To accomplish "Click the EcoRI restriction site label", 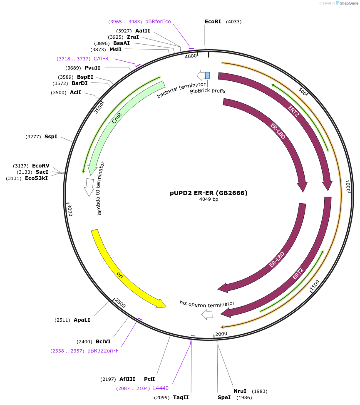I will [x=213, y=22].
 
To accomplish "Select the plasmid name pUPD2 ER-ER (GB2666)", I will [x=209, y=193].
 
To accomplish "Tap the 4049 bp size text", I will [x=209, y=199].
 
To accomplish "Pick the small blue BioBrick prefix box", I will [x=207, y=75].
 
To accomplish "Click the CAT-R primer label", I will [x=101, y=59].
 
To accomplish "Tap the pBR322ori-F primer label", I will [x=103, y=351].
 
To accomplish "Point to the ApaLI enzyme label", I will [x=82, y=320].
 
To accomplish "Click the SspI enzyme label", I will [x=51, y=137].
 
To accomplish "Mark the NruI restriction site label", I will [x=240, y=391].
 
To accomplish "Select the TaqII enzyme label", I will [x=181, y=397].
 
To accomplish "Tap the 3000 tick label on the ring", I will [x=70, y=210].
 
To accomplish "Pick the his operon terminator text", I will [x=207, y=304].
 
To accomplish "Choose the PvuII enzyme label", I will [x=92, y=68].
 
